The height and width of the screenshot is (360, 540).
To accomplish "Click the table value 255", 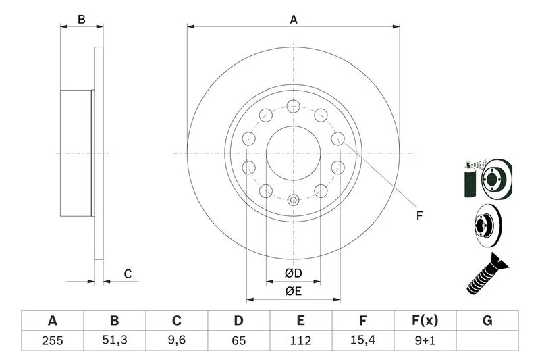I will [x=52, y=340].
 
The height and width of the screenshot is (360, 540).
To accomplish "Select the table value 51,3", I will [x=114, y=340].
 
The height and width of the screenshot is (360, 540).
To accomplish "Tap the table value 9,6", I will [x=177, y=340].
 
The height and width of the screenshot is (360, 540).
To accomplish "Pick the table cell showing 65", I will [x=239, y=340].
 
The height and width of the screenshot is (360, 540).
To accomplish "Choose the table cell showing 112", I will [x=301, y=340].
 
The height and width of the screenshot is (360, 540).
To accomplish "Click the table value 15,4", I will [x=363, y=340].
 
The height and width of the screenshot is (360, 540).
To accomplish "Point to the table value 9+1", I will [x=425, y=340].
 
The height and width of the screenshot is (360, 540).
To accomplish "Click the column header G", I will [x=487, y=321].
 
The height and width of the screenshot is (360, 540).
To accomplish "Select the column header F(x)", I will [x=425, y=321].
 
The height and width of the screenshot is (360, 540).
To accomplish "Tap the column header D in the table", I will [x=239, y=321].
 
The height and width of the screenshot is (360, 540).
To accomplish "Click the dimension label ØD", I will [x=293, y=273].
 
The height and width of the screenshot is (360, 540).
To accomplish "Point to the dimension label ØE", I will [x=293, y=291].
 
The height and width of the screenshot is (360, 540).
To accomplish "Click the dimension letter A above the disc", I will [x=294, y=20].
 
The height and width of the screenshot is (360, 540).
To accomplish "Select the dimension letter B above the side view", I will [x=82, y=20].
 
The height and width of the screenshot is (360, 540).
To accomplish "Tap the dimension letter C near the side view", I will [x=127, y=274].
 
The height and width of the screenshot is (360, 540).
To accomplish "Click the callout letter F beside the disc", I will [x=418, y=216].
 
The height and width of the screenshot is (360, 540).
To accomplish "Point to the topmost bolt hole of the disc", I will [x=293, y=105].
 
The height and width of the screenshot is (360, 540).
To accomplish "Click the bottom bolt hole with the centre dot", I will [x=293, y=200].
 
